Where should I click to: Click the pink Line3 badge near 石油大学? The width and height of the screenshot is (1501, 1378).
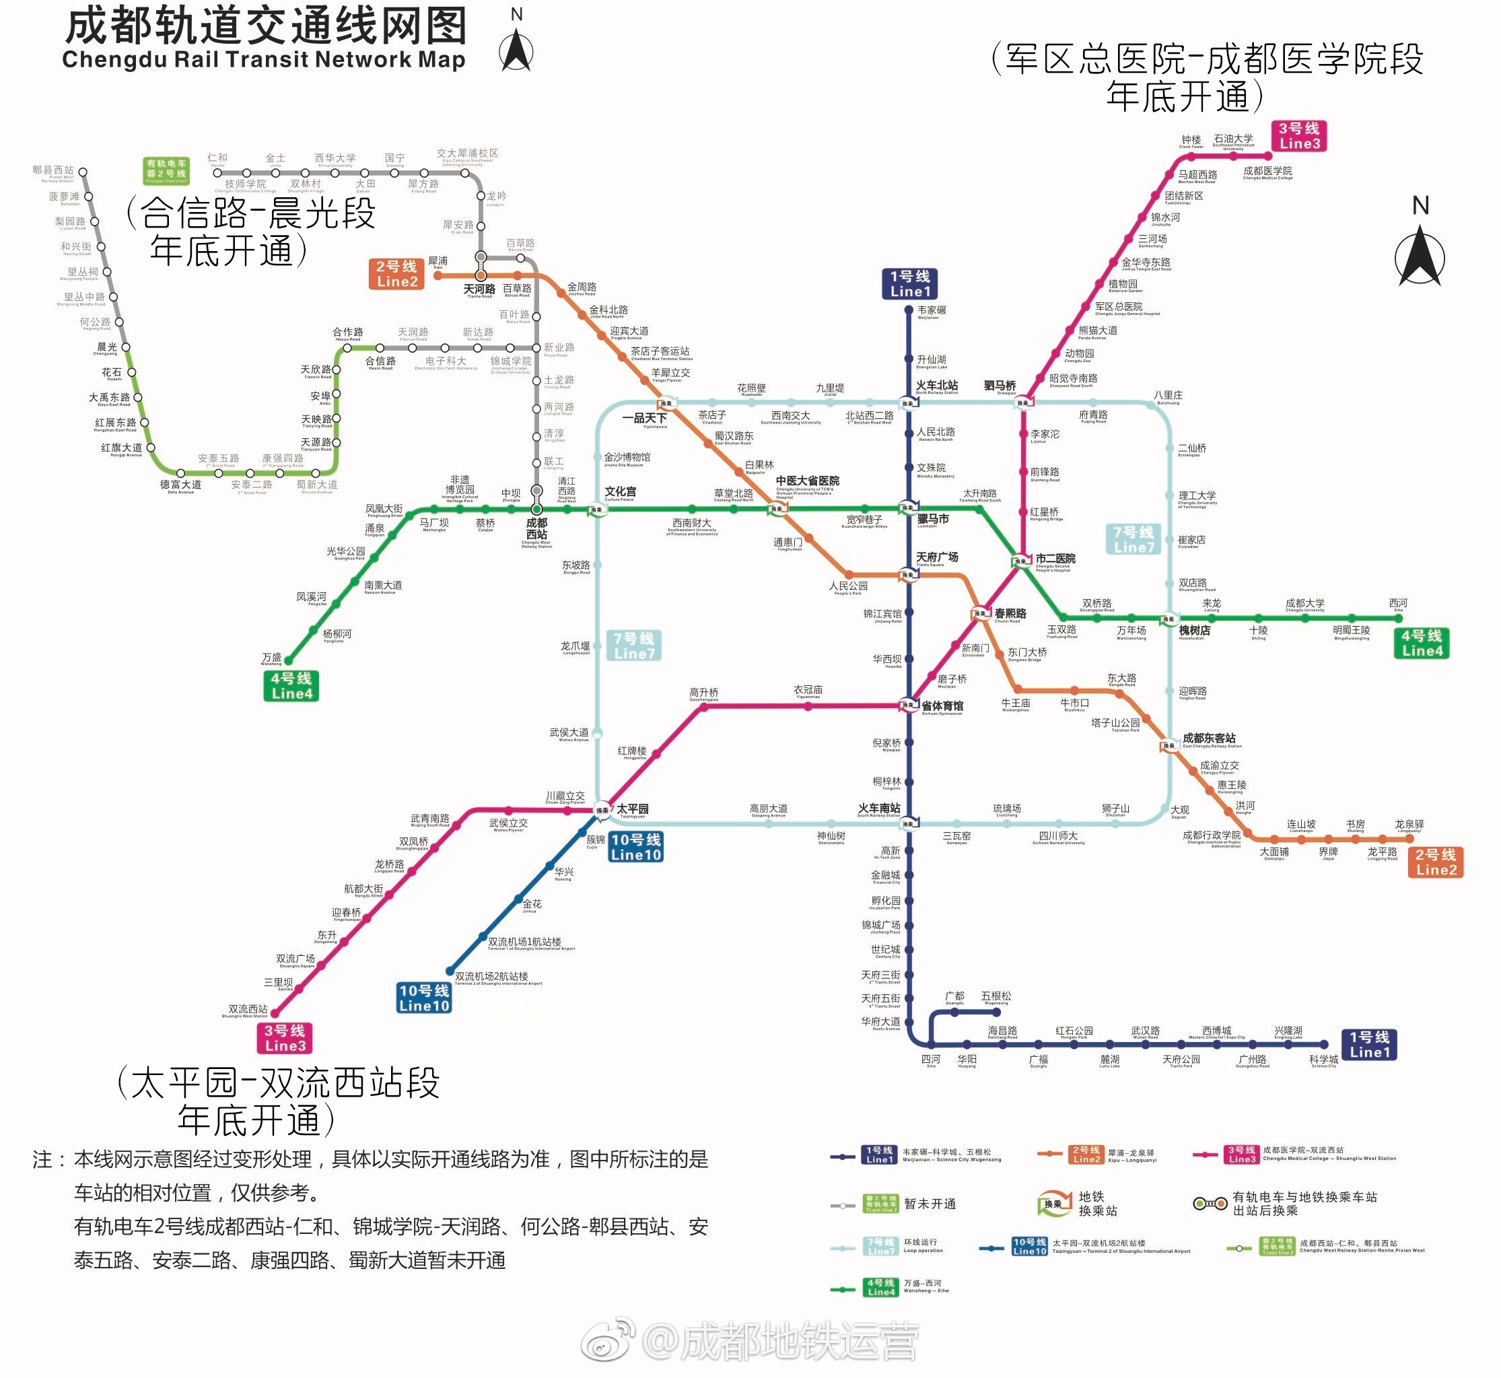point(1299,137)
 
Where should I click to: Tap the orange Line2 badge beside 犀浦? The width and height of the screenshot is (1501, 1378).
point(396,274)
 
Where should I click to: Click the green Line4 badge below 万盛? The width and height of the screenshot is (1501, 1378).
point(291,686)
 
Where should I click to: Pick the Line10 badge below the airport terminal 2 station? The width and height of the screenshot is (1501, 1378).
point(423,998)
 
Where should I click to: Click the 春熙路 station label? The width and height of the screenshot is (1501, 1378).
point(1010,614)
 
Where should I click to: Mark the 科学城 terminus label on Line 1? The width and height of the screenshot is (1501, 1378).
point(1323,1060)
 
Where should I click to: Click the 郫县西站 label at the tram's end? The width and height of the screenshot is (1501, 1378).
point(53,171)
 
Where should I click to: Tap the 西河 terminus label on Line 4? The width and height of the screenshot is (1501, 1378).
point(1398,603)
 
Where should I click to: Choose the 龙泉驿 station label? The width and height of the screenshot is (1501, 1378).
point(1409,825)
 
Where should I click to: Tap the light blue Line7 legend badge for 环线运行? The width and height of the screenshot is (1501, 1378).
point(880,1246)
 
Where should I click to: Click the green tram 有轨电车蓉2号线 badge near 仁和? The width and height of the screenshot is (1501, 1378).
point(166,171)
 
